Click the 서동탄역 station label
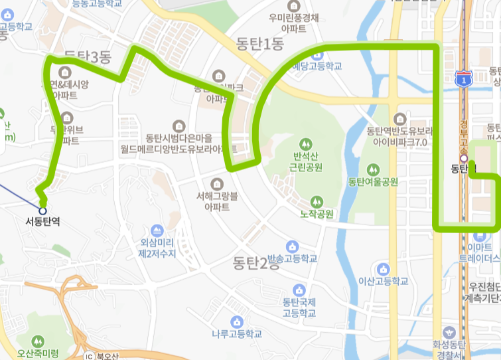[42, 223]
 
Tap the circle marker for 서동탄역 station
[42, 211]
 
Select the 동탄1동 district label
[259, 45]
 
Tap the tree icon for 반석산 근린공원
[305, 143]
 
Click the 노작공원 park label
[316, 214]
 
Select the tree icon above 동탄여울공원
[372, 169]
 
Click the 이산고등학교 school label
[383, 281]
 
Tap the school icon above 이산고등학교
[383, 269]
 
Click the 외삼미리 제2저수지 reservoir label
[157, 248]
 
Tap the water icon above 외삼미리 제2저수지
[157, 230]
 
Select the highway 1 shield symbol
[463, 79]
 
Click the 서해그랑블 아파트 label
[216, 201]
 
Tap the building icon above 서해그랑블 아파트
[217, 183]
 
